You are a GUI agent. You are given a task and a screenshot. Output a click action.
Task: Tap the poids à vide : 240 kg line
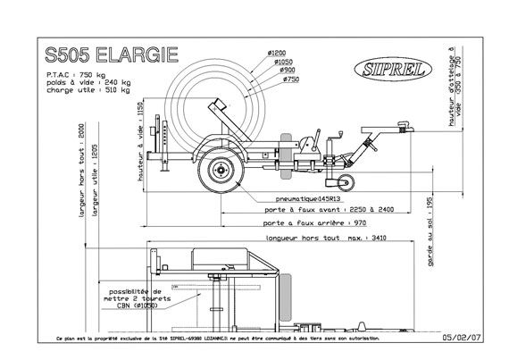[x=92, y=81]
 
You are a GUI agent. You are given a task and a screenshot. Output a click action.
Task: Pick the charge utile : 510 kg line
[x=92, y=89]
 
